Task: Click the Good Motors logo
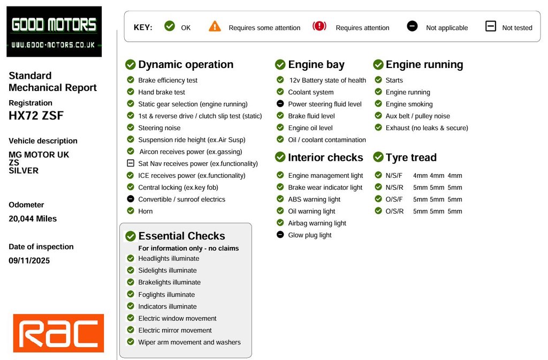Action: (x=54, y=31)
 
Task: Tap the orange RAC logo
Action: (x=58, y=333)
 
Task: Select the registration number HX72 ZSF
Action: (x=36, y=115)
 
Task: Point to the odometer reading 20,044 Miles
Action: (x=33, y=219)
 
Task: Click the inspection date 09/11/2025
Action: (x=29, y=260)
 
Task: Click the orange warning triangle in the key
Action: (x=215, y=26)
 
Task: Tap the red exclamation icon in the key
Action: (x=319, y=26)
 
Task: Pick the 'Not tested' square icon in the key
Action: (x=491, y=26)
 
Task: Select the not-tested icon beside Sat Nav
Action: (x=131, y=163)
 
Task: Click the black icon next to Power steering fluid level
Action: (x=280, y=104)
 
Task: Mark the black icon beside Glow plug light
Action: (x=280, y=235)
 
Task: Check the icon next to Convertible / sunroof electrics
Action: (x=131, y=199)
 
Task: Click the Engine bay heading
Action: (x=316, y=65)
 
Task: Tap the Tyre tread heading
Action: (x=410, y=157)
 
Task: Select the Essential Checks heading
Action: (x=181, y=236)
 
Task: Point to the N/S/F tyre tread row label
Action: (x=393, y=176)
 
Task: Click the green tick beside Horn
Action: (x=131, y=211)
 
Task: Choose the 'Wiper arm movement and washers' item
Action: (x=189, y=342)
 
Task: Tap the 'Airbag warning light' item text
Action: (x=317, y=223)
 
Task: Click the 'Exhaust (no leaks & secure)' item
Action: (x=427, y=128)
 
